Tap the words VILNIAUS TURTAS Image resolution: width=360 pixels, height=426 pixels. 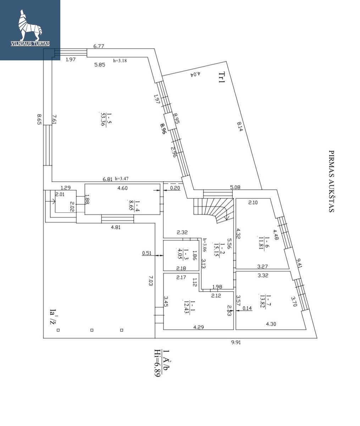coord(30,44)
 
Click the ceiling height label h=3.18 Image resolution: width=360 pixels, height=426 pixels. coord(120,61)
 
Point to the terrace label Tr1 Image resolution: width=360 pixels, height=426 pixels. coord(222,77)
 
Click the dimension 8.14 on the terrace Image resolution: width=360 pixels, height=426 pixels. coord(240,126)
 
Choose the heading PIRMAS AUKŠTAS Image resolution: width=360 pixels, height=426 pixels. coord(331,181)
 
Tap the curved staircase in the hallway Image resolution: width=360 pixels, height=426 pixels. coord(214,210)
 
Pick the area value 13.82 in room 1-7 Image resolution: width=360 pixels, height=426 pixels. coord(262,301)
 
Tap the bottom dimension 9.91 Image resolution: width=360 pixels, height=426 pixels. coord(236,342)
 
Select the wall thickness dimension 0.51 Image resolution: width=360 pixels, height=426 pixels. coord(146,253)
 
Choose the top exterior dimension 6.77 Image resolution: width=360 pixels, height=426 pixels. coord(99,46)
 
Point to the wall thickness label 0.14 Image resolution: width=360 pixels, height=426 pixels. coord(247,308)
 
